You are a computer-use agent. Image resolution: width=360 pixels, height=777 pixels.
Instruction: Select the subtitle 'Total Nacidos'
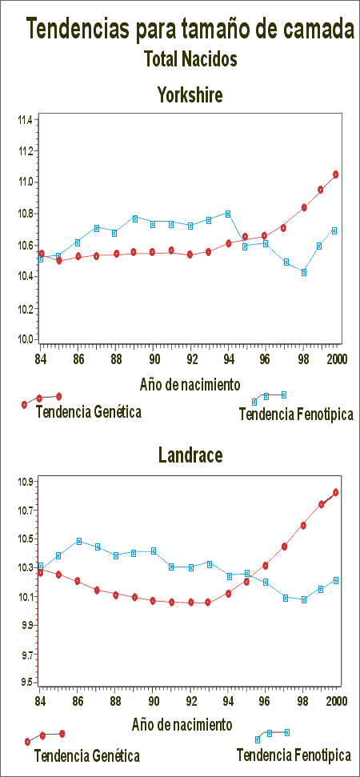[x=190, y=59]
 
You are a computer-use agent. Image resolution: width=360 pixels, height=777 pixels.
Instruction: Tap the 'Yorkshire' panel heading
[x=190, y=94]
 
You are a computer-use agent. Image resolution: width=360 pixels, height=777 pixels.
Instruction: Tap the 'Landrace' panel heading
[x=190, y=455]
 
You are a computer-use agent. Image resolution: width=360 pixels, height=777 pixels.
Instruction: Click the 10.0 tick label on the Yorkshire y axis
[x=26, y=339]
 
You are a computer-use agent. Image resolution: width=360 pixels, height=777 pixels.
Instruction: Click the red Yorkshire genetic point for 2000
[x=336, y=174]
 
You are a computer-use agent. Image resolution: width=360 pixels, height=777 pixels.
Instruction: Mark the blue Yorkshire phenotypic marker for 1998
[x=304, y=272]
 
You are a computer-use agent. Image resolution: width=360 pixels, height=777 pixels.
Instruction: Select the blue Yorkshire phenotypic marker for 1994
[x=228, y=214]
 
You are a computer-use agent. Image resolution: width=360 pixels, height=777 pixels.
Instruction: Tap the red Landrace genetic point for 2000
[x=336, y=492]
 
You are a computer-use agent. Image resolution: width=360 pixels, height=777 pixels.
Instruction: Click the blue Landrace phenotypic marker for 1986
[x=79, y=541]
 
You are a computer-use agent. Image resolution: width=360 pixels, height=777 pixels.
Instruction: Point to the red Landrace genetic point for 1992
[x=190, y=603]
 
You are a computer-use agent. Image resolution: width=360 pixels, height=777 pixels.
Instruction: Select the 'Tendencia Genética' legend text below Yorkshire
[x=89, y=412]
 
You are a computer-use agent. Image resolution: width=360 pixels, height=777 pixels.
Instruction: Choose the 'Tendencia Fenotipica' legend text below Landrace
[x=294, y=755]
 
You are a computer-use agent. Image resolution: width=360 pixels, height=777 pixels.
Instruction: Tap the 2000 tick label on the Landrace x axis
[x=336, y=700]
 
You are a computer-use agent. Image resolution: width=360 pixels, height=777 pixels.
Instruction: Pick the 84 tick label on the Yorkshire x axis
[x=41, y=358]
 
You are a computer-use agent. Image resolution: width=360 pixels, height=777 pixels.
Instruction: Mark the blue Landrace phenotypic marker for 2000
[x=336, y=580]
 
